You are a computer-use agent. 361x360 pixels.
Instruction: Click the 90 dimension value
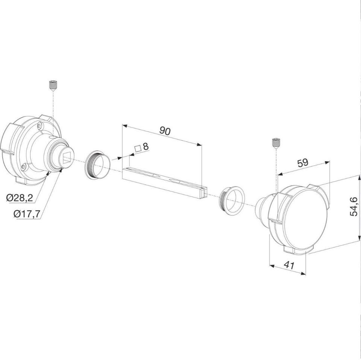[x=165, y=131]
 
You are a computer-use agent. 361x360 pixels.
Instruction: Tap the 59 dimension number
[x=302, y=163]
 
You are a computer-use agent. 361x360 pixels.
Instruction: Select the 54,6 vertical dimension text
[x=353, y=206]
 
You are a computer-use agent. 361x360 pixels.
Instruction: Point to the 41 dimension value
[x=289, y=265]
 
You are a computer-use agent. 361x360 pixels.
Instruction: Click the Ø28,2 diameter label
[x=20, y=198]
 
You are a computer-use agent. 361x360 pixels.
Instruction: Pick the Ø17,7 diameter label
[x=27, y=214]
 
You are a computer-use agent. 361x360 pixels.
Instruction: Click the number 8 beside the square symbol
[x=146, y=146]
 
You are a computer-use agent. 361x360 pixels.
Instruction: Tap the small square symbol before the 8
[x=138, y=148]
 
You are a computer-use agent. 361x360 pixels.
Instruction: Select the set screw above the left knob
[x=53, y=85]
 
